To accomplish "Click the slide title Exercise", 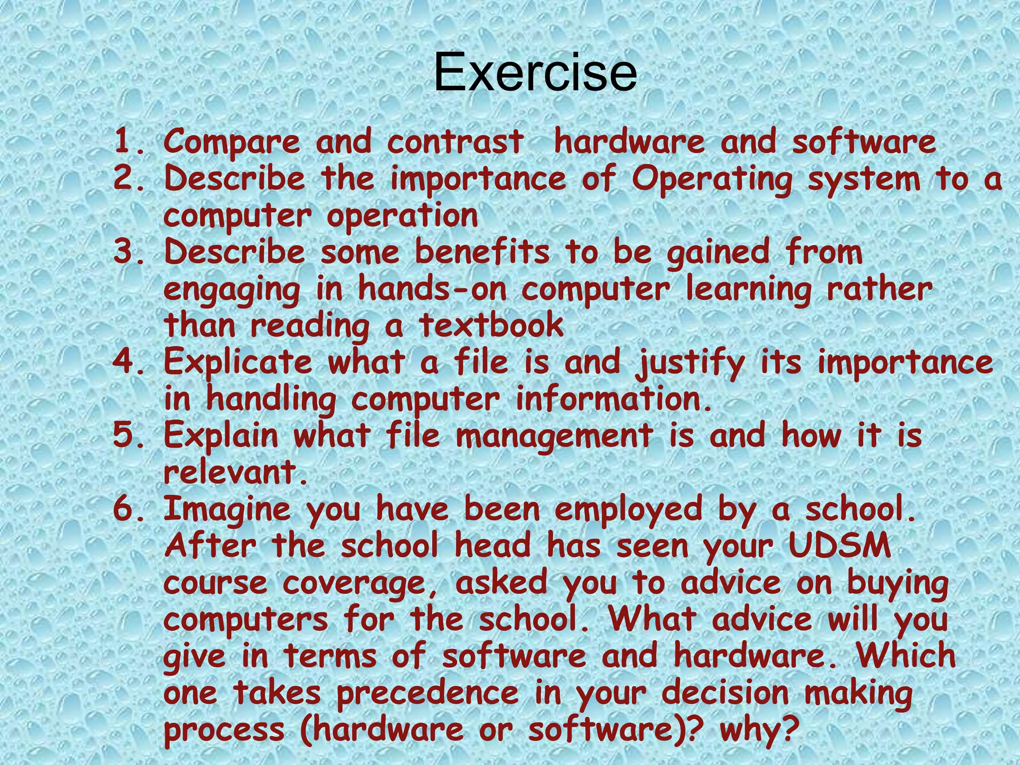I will [x=535, y=73].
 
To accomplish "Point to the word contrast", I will [x=455, y=142].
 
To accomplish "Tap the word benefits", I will [x=482, y=252].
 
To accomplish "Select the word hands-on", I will [x=432, y=289].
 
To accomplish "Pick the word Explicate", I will [x=238, y=363].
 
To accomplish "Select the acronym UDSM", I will [x=840, y=546].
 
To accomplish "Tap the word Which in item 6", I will [x=906, y=655].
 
